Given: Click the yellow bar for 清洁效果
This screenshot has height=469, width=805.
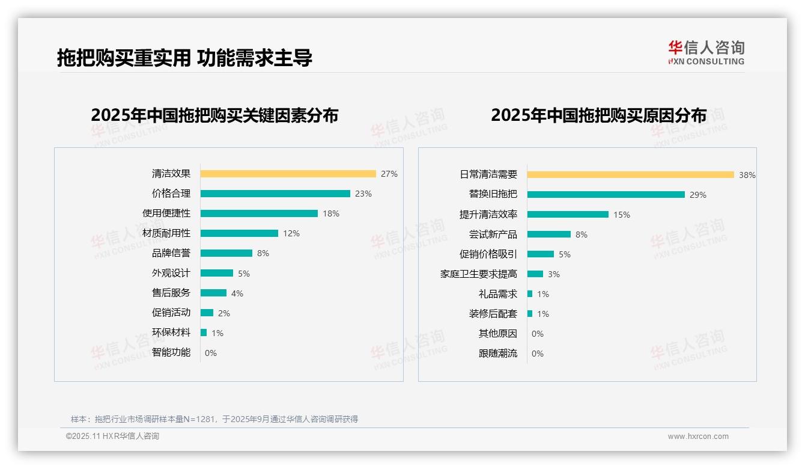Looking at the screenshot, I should (x=288, y=174).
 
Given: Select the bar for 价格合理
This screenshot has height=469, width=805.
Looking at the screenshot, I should (x=275, y=194).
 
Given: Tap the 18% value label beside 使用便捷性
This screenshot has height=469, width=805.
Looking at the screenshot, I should (x=331, y=213).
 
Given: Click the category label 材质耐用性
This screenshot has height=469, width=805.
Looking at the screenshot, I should (x=166, y=233).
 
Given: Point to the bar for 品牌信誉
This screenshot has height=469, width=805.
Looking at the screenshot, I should (x=226, y=253).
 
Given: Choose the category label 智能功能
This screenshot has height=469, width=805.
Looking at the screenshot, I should (x=171, y=352).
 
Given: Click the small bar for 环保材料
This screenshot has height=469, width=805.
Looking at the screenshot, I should (x=204, y=333).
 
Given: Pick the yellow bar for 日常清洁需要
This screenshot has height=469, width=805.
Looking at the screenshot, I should (x=630, y=175).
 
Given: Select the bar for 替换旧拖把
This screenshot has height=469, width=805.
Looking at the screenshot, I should (x=606, y=195).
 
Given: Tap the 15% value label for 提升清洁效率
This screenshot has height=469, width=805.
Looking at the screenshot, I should (x=622, y=215).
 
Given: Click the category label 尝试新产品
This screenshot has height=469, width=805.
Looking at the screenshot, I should (x=493, y=234).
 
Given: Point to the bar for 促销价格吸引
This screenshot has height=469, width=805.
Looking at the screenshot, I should (x=541, y=254).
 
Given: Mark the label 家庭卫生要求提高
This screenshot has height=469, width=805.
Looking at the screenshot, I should (x=479, y=274).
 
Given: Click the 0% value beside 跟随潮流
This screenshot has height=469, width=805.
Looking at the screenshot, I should (x=538, y=354).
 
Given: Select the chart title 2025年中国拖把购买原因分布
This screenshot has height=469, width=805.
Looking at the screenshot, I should (x=598, y=115).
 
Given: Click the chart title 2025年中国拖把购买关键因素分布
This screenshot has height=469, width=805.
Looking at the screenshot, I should (x=214, y=115).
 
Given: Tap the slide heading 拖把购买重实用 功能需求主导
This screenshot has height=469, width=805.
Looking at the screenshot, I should (x=184, y=58).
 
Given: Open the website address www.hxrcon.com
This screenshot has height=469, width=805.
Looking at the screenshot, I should (x=698, y=437).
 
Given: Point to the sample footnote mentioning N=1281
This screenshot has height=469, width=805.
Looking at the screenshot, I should (x=214, y=419).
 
